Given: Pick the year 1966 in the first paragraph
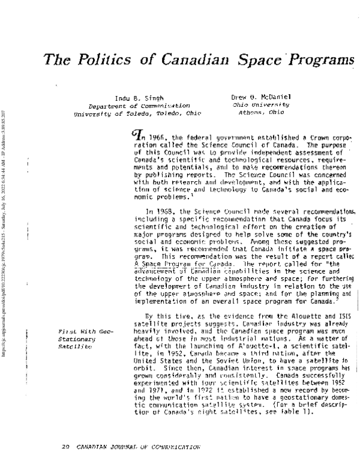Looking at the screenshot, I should coord(157,137).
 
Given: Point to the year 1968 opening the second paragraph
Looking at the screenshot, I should coord(163,212).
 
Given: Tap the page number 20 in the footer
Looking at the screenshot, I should coord(67,448).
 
